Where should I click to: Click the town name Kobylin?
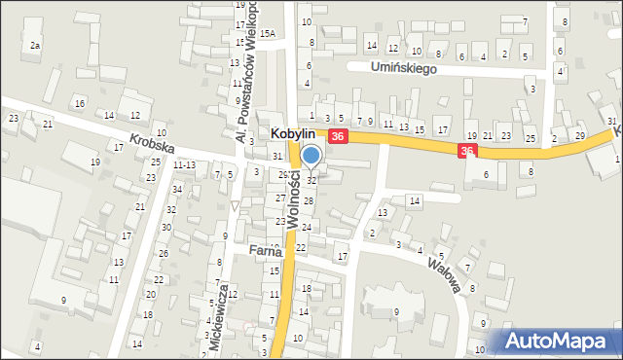click(x=297, y=137)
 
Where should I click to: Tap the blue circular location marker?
click(x=311, y=155)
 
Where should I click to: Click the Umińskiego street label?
click(x=405, y=68)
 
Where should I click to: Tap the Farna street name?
click(x=264, y=250)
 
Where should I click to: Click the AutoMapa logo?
click(x=560, y=341)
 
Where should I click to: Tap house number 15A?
click(x=267, y=34)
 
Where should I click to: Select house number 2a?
click(x=35, y=46)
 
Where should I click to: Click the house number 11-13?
click(x=184, y=165)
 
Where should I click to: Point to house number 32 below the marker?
click(x=311, y=180)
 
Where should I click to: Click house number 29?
click(x=579, y=135)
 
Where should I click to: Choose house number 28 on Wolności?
click(x=308, y=200)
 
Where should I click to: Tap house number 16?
click(x=80, y=103)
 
